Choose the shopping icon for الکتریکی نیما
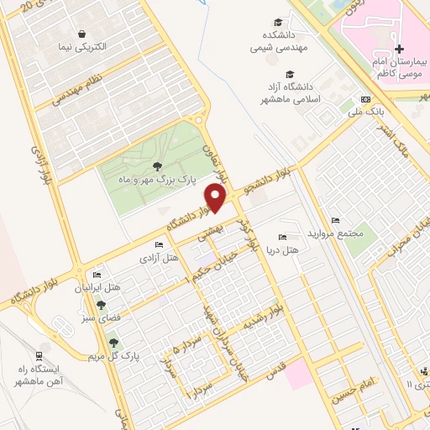point(82,34)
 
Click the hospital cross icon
point(400,49)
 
